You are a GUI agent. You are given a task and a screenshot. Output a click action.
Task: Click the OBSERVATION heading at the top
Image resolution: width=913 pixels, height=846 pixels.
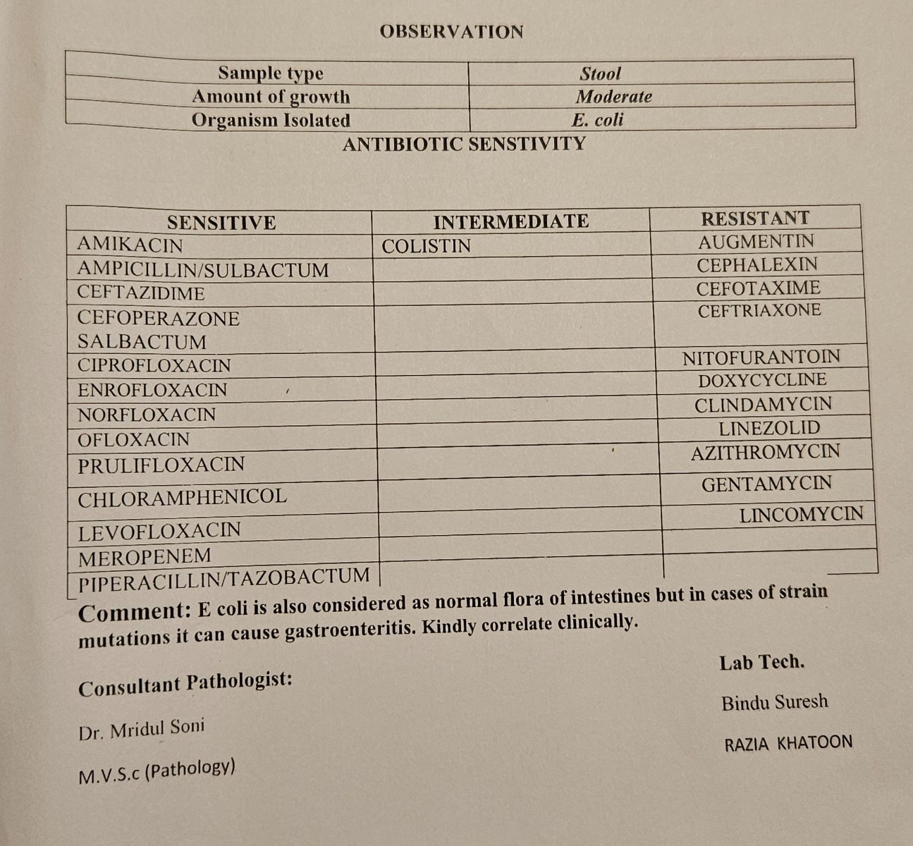click(451, 32)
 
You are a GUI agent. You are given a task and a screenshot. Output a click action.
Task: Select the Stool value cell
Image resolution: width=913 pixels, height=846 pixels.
click(601, 73)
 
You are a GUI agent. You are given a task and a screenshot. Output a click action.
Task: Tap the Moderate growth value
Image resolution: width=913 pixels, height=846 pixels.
click(613, 97)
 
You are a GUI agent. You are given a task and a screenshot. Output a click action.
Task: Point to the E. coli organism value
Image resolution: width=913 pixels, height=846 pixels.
click(598, 120)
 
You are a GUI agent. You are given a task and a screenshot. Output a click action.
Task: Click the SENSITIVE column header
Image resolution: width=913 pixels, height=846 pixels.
click(221, 223)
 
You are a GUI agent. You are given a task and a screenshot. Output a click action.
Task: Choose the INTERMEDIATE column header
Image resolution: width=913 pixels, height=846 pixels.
click(510, 221)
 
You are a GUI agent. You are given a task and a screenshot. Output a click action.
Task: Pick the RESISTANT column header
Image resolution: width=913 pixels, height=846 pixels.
click(754, 218)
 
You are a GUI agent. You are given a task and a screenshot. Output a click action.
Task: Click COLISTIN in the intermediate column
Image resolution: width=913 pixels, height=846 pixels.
click(426, 246)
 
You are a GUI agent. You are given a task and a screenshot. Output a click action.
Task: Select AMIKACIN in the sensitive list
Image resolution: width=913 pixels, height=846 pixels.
click(130, 245)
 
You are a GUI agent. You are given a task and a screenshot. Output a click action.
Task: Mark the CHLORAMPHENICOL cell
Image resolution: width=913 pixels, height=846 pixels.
click(182, 498)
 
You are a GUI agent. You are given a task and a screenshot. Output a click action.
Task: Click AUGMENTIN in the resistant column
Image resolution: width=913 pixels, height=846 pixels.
click(756, 242)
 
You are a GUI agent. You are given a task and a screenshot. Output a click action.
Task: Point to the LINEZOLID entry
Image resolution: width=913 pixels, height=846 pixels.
click(769, 428)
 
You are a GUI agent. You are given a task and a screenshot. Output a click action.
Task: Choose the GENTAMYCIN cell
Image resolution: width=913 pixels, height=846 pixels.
click(766, 484)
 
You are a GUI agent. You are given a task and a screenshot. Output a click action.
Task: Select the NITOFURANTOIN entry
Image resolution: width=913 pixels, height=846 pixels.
click(761, 357)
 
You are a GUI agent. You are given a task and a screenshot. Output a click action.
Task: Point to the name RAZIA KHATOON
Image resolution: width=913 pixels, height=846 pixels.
click(788, 743)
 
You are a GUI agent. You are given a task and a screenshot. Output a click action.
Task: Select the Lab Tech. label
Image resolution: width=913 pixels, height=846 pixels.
click(761, 662)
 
